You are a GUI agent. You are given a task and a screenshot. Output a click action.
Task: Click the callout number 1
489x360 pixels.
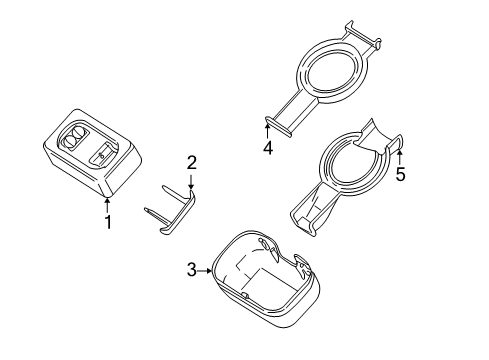pos(108,222)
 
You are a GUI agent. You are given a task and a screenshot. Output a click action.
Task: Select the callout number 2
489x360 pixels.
pos(191,162)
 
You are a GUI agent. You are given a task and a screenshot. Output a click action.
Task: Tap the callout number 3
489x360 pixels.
pos(191,269)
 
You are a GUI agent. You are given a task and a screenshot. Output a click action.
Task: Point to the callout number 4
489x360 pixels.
pos(267,148)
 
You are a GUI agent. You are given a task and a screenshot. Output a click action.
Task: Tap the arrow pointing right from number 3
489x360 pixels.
pos(208,269)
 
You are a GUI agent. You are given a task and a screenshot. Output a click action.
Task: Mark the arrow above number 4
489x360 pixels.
pos(267,130)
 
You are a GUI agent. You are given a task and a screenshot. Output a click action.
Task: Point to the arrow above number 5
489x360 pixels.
pos(400,152)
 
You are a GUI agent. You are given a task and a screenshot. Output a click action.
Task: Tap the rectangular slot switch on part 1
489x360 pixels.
pos(103,155)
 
